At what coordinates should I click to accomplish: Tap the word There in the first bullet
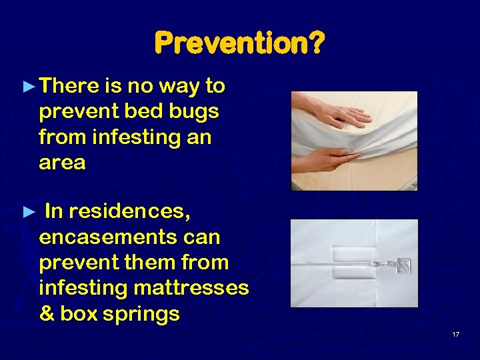tap(69, 86)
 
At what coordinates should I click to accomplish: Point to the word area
tap(62, 163)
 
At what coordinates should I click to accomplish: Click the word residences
tap(129, 212)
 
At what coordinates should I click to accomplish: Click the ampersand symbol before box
tap(47, 313)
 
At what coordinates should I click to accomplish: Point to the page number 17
tap(456, 334)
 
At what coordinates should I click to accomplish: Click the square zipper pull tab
tap(402, 265)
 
